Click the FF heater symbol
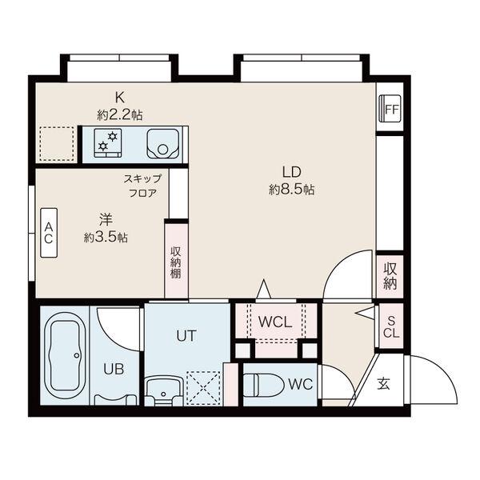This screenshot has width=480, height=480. tap(390, 109)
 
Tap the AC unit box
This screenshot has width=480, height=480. tap(49, 233)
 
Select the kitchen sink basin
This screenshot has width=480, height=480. tap(162, 143)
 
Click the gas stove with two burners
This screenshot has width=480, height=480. tap(108, 143)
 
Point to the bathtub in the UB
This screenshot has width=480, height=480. tap(65, 356)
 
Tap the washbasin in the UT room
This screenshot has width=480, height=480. tap(164, 391)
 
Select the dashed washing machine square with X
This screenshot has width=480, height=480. tap(203, 388)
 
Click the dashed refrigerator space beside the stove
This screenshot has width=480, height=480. tap(58, 144)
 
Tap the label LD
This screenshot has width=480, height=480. tap(291, 172)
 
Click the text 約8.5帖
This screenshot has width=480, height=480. tap(291, 190)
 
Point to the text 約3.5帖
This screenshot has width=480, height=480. tap(106, 238)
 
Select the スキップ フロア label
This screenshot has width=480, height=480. tap(142, 186)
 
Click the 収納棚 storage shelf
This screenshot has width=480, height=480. tap(176, 262)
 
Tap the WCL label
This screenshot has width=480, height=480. tap(275, 322)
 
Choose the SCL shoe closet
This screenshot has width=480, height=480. tap(391, 326)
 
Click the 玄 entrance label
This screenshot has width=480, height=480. tap(383, 383)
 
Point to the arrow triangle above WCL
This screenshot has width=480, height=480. tap(263, 289)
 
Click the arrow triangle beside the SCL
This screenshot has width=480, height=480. tap(365, 313)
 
